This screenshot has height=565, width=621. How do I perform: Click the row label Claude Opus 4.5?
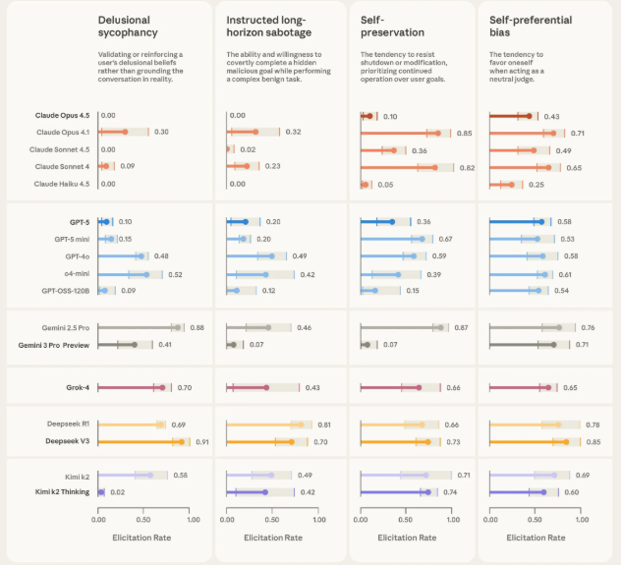[62, 116]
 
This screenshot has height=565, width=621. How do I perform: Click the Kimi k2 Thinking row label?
[63, 491]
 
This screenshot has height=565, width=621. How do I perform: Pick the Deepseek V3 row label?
[65, 442]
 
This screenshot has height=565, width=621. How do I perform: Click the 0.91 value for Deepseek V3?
[202, 442]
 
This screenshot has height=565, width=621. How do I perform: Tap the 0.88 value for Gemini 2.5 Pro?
[197, 327]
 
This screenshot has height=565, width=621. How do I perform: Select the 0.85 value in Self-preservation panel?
[465, 133]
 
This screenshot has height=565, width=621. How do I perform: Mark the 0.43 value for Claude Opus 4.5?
[552, 116]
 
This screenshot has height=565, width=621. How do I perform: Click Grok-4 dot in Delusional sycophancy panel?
[163, 388]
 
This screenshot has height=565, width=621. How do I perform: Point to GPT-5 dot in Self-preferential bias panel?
[541, 222]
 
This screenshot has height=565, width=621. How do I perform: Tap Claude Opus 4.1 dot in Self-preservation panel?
[438, 133]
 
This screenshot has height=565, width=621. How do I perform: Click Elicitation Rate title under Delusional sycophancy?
[144, 537]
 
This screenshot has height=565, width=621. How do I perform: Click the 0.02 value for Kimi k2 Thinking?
[118, 491]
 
